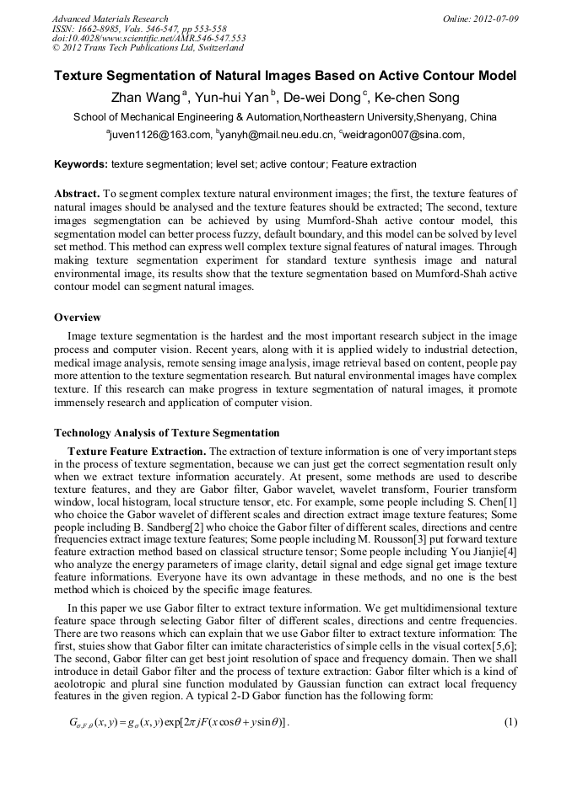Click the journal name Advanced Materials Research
click(x=111, y=19)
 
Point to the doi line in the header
click(x=148, y=38)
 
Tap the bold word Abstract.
click(x=77, y=194)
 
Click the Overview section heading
click(x=78, y=318)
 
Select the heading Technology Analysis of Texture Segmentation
click(x=166, y=433)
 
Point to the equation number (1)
click(x=510, y=723)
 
